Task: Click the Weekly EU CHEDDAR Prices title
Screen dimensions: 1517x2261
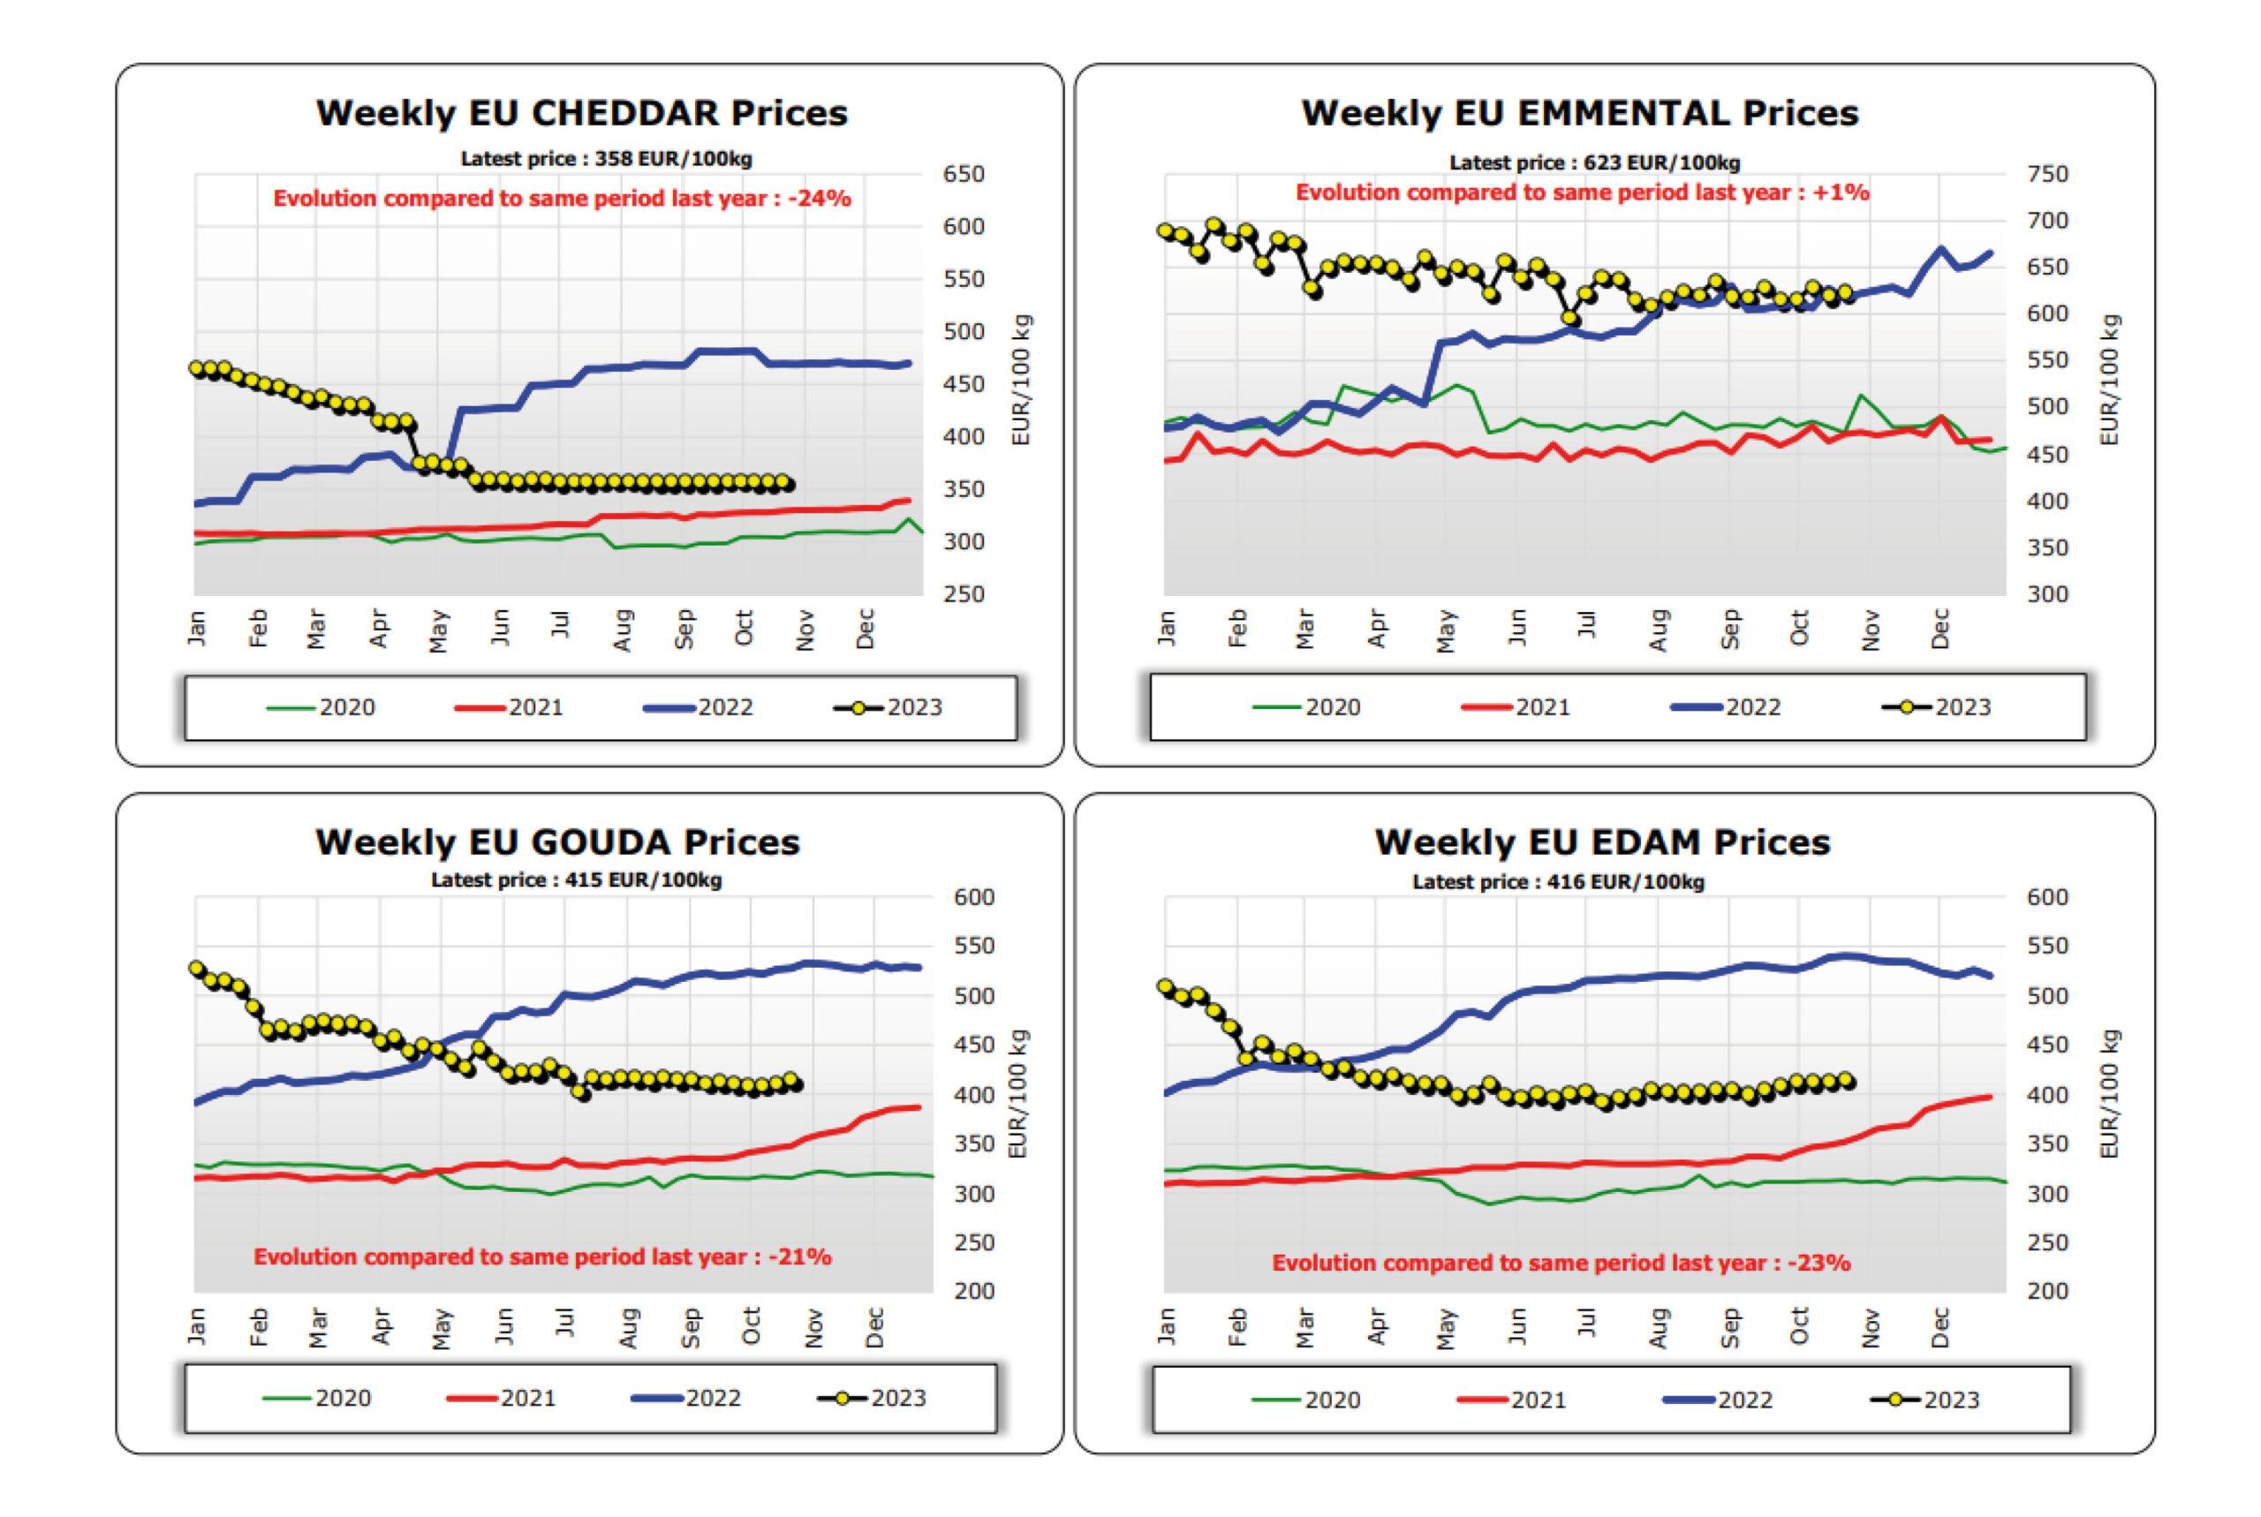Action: pos(581,113)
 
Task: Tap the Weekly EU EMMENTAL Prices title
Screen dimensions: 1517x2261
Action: pos(1579,113)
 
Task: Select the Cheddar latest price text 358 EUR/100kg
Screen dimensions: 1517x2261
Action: pos(606,159)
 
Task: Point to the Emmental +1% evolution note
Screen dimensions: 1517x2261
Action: pos(1582,192)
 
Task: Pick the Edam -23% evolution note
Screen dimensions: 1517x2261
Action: pos(1560,1263)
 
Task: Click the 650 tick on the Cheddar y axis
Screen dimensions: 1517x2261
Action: pos(963,175)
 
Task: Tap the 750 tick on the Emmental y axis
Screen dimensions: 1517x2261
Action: pos(2047,175)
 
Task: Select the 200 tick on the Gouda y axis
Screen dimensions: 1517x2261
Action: pos(973,1291)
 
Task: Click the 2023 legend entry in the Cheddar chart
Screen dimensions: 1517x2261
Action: pos(888,707)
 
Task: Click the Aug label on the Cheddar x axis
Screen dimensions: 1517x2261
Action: pos(624,630)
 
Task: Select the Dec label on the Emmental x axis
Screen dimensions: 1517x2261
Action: pos(1940,629)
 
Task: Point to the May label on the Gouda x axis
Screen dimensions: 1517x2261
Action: pos(442,1328)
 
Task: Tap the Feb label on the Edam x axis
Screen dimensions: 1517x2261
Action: pos(1236,1328)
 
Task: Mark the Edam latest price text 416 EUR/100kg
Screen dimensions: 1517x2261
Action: pos(1558,881)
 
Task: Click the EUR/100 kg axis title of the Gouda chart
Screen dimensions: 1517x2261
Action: pos(1017,1093)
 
